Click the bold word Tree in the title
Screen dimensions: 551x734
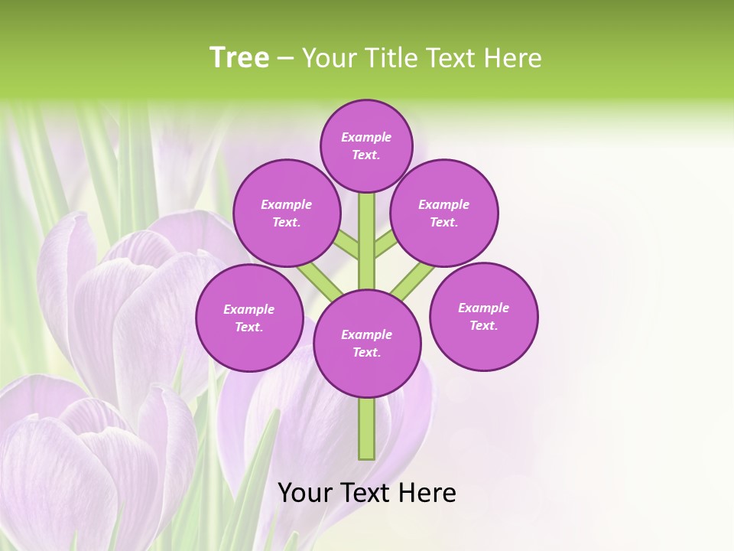click(239, 58)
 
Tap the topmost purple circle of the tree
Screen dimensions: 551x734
click(366, 145)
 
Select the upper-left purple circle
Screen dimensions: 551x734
click(286, 213)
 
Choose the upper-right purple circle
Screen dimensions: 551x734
click(444, 213)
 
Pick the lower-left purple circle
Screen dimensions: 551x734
click(249, 318)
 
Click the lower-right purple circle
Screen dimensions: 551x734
click(483, 316)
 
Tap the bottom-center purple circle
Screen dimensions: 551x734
click(367, 343)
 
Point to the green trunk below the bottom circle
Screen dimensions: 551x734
click(367, 429)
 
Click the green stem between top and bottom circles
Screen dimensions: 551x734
click(367, 241)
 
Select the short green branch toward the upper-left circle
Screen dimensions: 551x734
click(346, 244)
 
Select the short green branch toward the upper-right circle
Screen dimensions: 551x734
click(386, 244)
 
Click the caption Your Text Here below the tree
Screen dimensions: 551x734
click(367, 493)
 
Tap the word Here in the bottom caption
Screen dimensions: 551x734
click(429, 493)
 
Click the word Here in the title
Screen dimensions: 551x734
click(515, 58)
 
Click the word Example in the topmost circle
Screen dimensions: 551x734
click(366, 137)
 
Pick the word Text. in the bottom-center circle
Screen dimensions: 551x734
click(366, 353)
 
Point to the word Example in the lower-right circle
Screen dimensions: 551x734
click(483, 308)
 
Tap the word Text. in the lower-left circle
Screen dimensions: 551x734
click(248, 328)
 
